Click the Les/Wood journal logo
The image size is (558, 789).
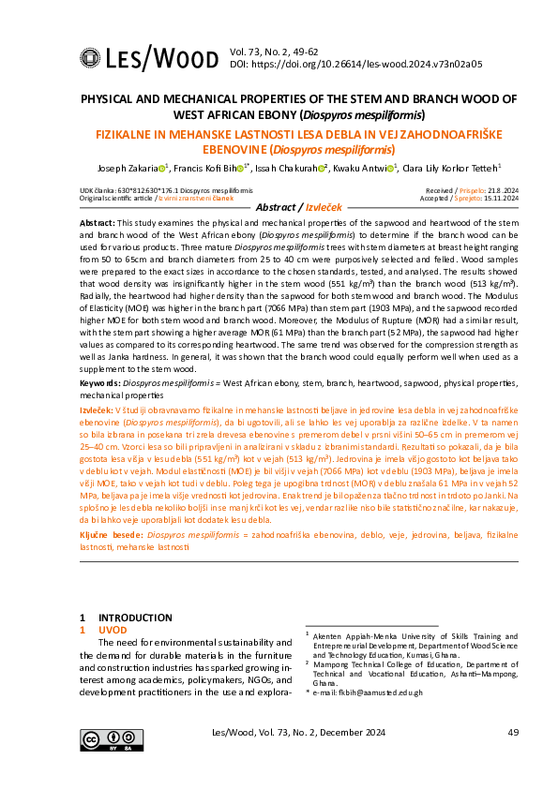[140, 59]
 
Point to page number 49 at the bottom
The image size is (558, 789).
[512, 733]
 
